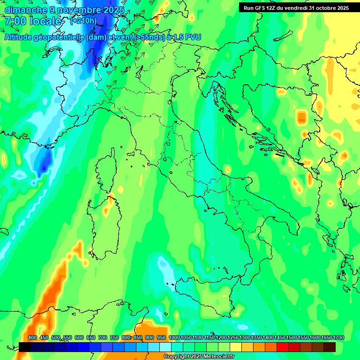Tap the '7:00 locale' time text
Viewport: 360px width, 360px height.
(33, 21)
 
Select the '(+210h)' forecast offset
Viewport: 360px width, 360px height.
(83, 21)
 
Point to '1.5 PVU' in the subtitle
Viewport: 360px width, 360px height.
(187, 37)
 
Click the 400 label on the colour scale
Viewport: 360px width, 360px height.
(32, 338)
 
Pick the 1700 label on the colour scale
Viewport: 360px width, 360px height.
(338, 338)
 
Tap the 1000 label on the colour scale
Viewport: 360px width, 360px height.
(174, 338)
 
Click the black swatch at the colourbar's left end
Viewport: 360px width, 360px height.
(25, 347)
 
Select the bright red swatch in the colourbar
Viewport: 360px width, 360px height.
(283, 347)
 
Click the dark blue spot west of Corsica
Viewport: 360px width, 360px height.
(44, 166)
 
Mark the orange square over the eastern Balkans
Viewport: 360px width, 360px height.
(301, 116)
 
